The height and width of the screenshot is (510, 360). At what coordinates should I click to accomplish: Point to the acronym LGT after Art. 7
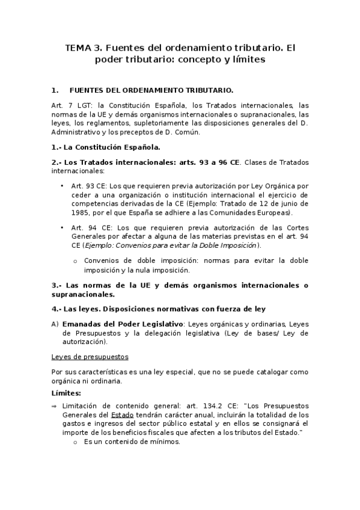[80, 105]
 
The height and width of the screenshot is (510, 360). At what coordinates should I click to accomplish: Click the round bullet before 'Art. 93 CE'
[63, 186]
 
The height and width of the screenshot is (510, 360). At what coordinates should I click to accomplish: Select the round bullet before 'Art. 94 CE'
[63, 227]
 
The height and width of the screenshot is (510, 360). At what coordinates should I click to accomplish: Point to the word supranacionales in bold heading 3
[83, 295]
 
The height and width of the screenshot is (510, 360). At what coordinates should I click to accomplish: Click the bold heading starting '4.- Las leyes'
[159, 309]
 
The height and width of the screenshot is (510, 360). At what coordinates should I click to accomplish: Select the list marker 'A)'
[55, 324]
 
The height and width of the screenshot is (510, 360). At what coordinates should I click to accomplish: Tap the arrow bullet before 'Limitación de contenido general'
[55, 405]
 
